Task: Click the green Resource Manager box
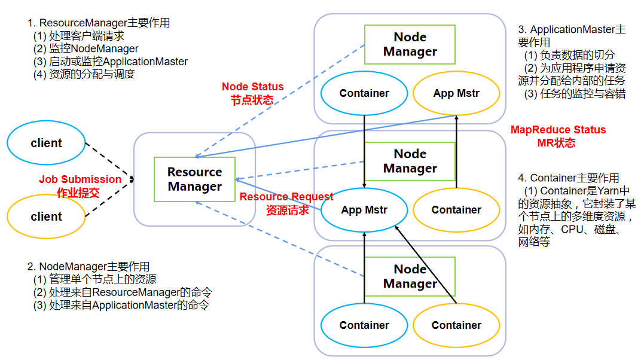194,179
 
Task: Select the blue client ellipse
47,143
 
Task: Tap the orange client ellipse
47,216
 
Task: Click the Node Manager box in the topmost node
410,44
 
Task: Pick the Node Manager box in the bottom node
410,276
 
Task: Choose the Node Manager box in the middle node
410,161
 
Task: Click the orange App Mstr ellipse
456,93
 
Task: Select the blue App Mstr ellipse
364,210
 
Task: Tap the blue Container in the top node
364,93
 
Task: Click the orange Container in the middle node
456,210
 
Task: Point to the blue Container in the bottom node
364,325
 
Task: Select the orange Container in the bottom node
456,325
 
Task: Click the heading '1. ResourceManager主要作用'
99,23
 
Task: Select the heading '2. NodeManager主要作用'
88,267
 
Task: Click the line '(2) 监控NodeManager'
86,48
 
